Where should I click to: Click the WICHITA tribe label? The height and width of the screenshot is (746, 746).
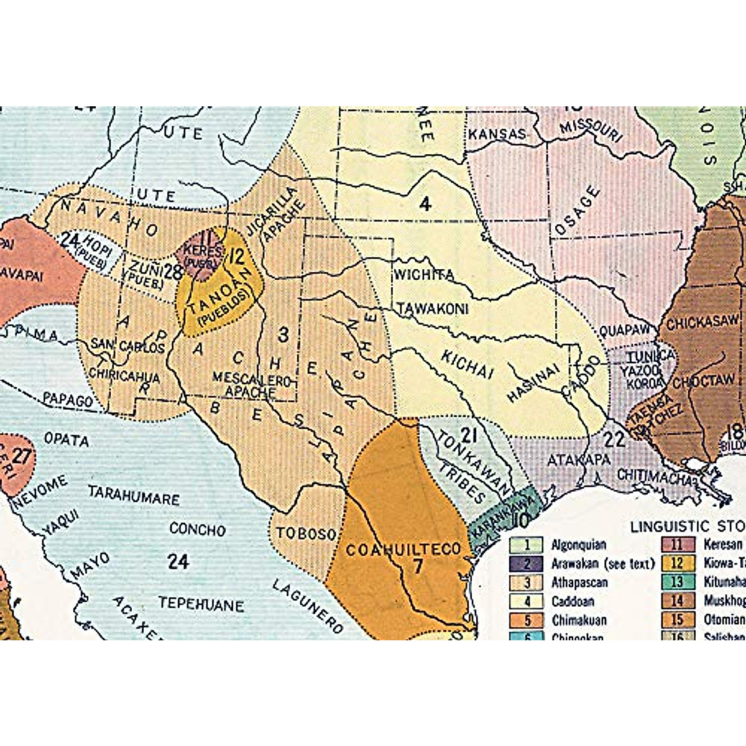tap(423, 274)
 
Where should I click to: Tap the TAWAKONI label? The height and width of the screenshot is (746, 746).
tap(433, 308)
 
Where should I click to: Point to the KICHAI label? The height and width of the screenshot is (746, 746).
tap(467, 364)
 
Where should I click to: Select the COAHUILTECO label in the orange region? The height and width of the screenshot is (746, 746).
tap(403, 550)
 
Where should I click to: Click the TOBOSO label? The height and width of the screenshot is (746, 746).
tap(306, 534)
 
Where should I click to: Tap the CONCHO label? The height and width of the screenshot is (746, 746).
tap(197, 529)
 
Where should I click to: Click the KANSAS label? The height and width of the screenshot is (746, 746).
tap(497, 134)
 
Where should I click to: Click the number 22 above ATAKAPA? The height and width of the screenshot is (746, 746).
tap(614, 440)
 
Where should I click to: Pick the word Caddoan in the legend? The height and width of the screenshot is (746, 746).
tap(573, 601)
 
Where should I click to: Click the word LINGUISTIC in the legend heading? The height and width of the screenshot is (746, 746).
tap(669, 527)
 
